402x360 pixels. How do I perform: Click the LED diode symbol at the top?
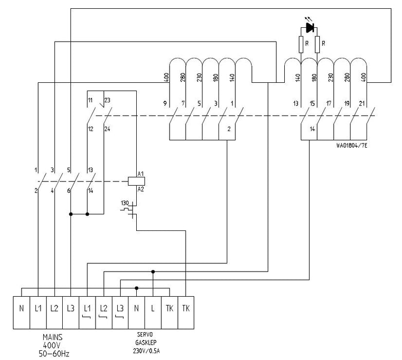(309, 27)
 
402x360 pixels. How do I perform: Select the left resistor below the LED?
(301, 45)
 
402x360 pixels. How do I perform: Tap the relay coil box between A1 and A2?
(137, 181)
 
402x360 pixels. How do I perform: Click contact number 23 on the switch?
(107, 100)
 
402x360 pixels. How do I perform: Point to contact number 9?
(166, 103)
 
